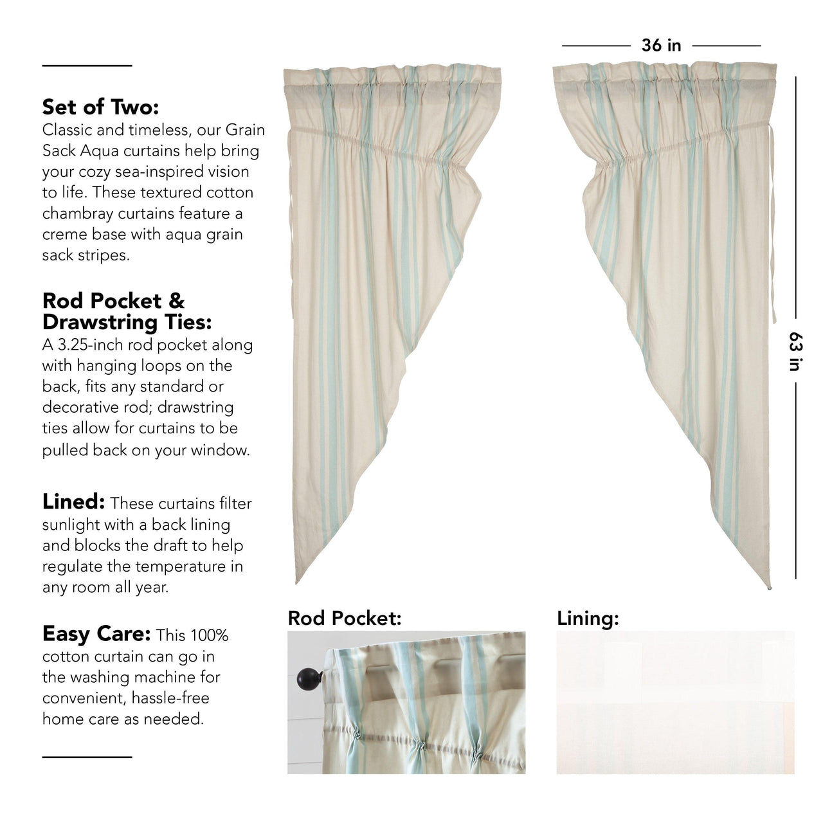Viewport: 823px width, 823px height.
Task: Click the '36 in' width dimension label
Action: click(x=661, y=46)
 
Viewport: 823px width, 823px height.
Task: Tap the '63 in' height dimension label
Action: click(x=795, y=351)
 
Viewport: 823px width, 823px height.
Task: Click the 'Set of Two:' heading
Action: click(x=100, y=105)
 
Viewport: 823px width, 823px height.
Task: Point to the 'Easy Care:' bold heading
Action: click(x=96, y=635)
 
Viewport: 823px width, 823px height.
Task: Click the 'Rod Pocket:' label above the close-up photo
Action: click(x=345, y=619)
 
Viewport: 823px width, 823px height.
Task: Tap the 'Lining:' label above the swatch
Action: click(x=588, y=619)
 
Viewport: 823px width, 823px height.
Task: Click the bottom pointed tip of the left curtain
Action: click(x=297, y=582)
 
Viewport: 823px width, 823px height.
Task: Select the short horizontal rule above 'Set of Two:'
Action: click(x=87, y=66)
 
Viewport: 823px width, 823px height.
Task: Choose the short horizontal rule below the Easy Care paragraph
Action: click(x=87, y=757)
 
